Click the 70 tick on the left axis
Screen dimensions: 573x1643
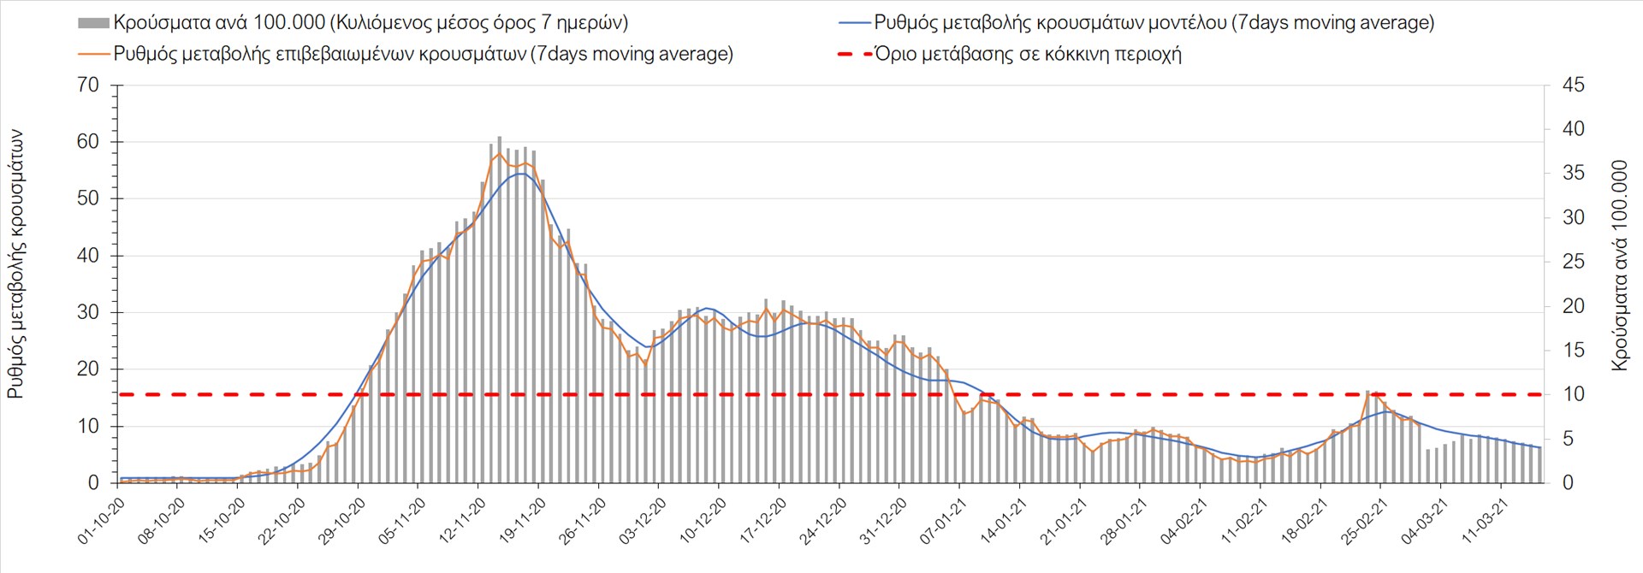click(x=88, y=86)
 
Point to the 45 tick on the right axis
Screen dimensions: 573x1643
click(x=1573, y=86)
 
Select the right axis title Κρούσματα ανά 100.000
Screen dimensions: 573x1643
click(x=1619, y=265)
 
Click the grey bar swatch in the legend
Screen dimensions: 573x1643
click(x=93, y=23)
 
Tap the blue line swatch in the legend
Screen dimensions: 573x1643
click(x=854, y=23)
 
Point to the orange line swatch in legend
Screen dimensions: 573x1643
click(x=94, y=54)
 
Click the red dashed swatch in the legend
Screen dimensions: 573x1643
click(x=854, y=54)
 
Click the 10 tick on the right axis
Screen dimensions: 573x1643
click(x=1573, y=394)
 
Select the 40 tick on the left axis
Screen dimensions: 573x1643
click(x=88, y=256)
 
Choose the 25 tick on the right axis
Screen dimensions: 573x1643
click(x=1573, y=262)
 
